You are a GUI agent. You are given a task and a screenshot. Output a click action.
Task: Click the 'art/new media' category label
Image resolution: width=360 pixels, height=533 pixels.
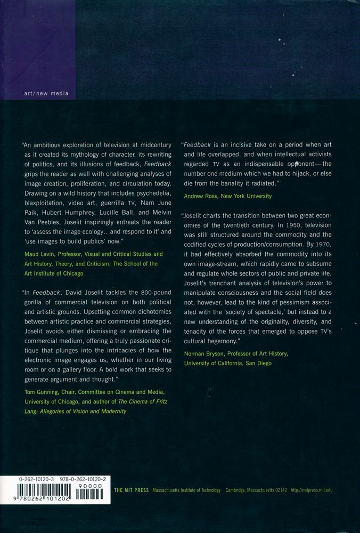pyautogui.click(x=46, y=93)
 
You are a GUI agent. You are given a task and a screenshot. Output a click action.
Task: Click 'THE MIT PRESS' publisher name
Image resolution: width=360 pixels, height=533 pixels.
pyautogui.click(x=132, y=490)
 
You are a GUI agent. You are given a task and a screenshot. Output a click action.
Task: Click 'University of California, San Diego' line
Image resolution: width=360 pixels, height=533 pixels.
pyautogui.click(x=227, y=364)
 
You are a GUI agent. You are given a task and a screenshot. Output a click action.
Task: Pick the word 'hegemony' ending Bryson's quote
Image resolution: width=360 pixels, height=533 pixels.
pyautogui.click(x=218, y=340)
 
